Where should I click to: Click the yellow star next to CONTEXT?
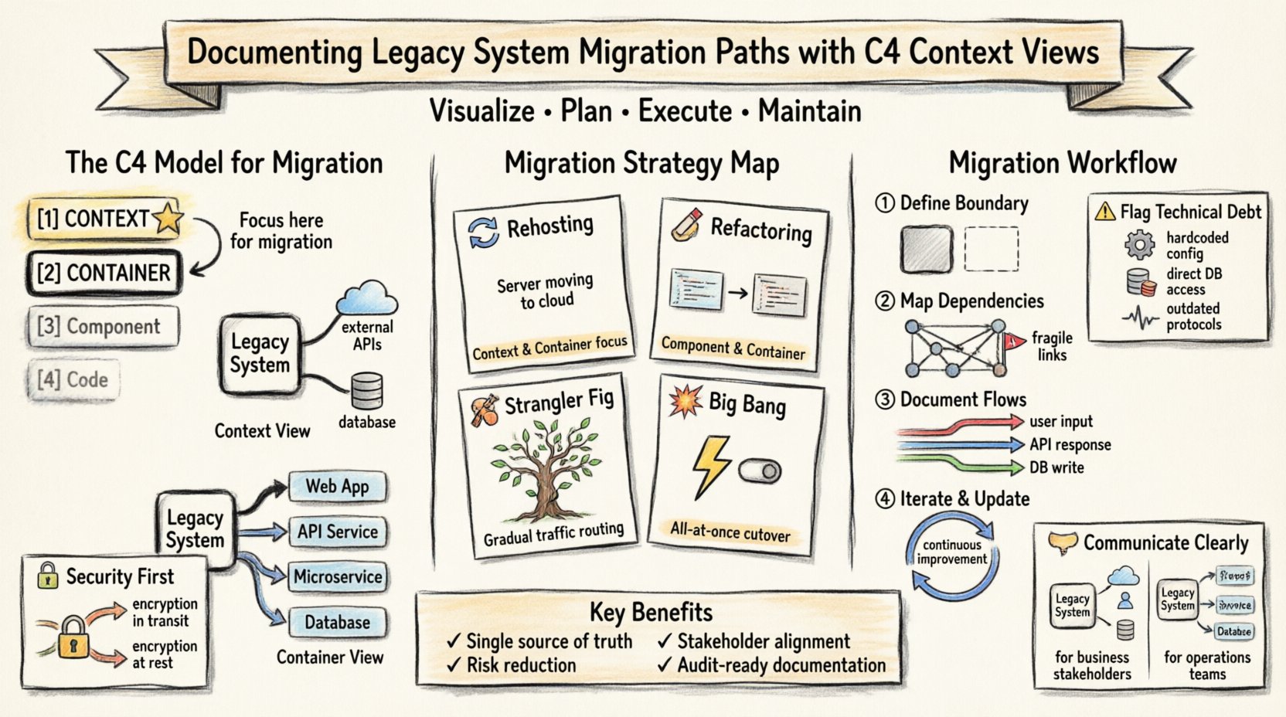click(168, 218)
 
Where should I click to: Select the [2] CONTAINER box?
click(104, 273)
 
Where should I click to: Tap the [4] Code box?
click(73, 379)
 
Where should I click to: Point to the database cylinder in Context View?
click(366, 391)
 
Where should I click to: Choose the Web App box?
click(337, 487)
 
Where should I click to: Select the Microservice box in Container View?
click(338, 577)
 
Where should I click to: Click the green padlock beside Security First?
click(48, 576)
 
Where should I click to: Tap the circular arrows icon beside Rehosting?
click(484, 231)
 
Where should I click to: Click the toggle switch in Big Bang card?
click(760, 471)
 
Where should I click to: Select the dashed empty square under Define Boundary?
click(991, 249)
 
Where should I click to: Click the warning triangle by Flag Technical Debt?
click(1105, 211)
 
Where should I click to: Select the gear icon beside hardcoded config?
click(1139, 245)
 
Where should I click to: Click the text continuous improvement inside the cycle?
click(952, 552)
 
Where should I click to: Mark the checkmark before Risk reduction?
click(454, 665)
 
